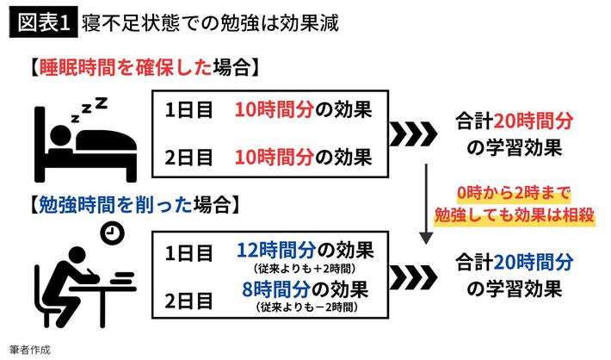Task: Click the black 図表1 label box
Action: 41,22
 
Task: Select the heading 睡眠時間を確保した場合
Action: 139,66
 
